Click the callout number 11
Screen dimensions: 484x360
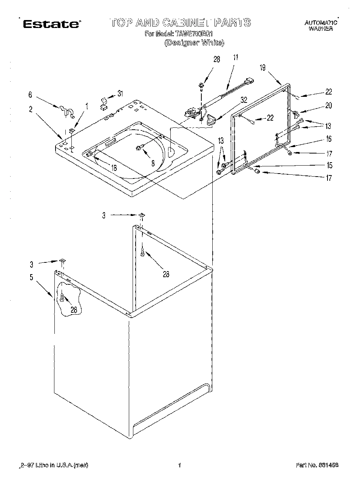[235, 58]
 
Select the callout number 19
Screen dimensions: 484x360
[263, 68]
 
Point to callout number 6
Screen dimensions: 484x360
[31, 95]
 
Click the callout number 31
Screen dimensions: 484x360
[120, 93]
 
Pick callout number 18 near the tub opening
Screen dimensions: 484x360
[114, 168]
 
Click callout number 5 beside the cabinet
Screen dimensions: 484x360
[31, 278]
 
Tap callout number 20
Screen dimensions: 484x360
[328, 105]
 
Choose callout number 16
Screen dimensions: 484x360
[329, 139]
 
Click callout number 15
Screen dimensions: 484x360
[329, 165]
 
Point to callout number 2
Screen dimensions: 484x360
[31, 109]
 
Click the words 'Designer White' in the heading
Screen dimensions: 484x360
[194, 43]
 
